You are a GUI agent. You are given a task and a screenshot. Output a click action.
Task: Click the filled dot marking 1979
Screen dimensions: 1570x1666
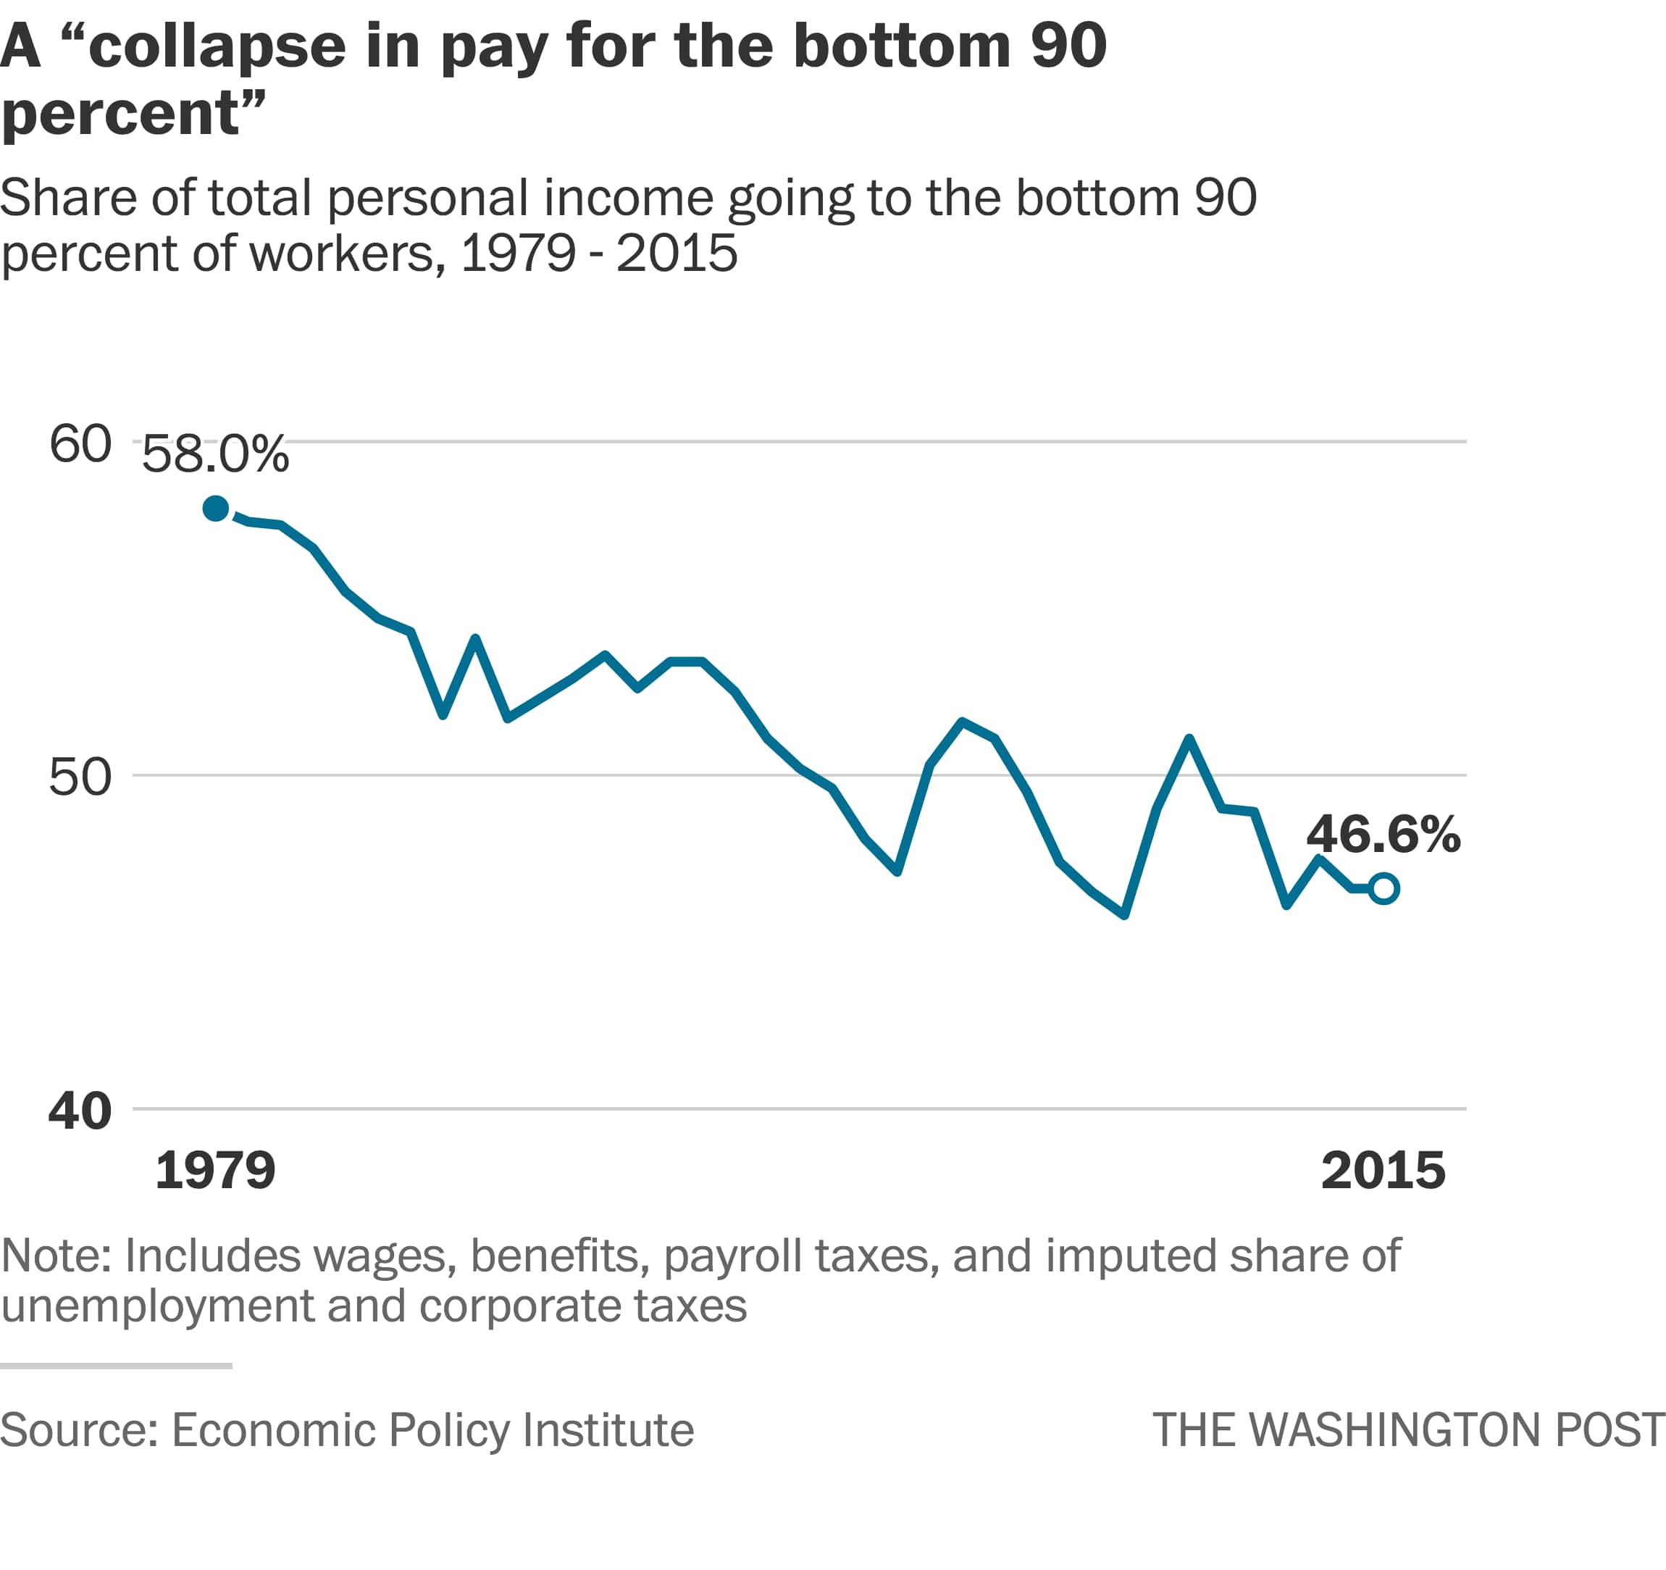click(x=215, y=509)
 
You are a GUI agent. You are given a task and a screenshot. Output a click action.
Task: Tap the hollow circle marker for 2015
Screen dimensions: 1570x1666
click(x=1384, y=888)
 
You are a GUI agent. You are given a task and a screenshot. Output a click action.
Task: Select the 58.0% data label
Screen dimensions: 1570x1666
click(x=215, y=455)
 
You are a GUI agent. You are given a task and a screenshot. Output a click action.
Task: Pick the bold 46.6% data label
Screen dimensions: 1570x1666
click(x=1383, y=835)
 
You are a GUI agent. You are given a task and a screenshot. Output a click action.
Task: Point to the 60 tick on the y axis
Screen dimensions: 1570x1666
click(x=80, y=443)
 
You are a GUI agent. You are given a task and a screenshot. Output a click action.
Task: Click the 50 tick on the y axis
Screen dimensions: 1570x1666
click(x=80, y=777)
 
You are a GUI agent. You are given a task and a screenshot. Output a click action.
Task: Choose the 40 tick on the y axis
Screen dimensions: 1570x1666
click(x=80, y=1111)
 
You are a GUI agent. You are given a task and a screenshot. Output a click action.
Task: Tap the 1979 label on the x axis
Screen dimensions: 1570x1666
click(x=215, y=1170)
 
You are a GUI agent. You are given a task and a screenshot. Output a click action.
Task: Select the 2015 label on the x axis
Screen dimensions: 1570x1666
click(x=1383, y=1170)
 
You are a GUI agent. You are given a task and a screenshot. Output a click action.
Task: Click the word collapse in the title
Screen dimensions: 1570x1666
click(x=216, y=47)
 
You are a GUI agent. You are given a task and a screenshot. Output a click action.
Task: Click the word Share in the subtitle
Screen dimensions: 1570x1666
click(x=68, y=199)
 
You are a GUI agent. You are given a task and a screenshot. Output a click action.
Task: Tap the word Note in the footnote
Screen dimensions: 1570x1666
click(x=55, y=1256)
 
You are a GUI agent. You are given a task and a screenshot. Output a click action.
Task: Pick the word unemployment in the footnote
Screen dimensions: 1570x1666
click(x=156, y=1306)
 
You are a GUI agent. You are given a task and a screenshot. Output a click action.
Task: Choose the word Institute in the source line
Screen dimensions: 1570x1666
click(x=608, y=1430)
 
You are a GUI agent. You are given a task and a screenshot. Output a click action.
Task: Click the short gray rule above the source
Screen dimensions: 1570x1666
click(x=116, y=1366)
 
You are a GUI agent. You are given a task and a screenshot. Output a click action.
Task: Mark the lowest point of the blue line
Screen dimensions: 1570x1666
click(x=1123, y=915)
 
